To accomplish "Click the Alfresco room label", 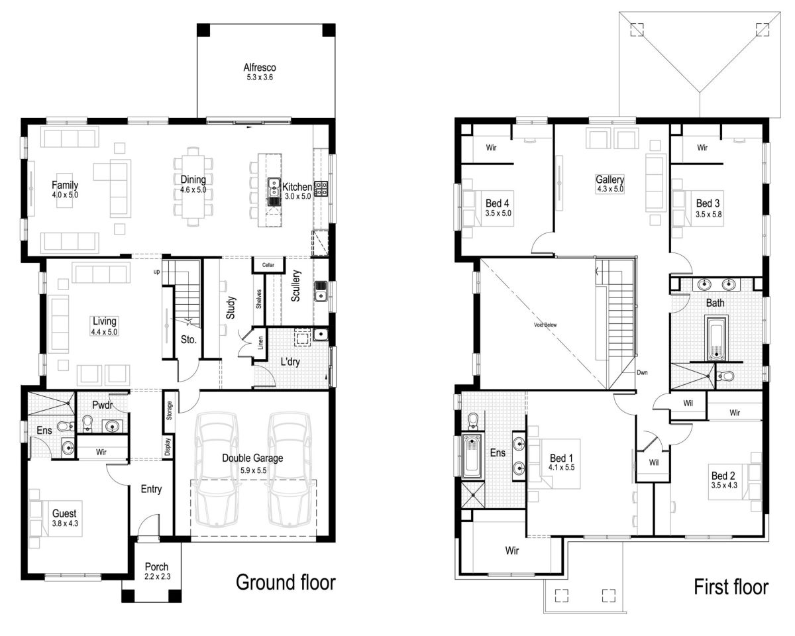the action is click(x=259, y=68).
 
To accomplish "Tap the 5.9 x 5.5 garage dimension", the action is click(x=253, y=470).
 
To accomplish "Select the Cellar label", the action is click(x=268, y=265).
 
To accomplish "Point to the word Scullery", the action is click(x=296, y=286).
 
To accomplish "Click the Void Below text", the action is click(x=545, y=325).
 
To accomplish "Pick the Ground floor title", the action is click(x=286, y=582).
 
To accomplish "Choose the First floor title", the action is click(x=731, y=587).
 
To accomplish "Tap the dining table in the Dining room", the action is click(x=193, y=187).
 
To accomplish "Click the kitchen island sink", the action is click(x=274, y=187).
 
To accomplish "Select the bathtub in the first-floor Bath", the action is click(x=716, y=338).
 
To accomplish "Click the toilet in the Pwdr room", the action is click(x=87, y=423).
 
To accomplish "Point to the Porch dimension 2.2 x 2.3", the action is click(x=158, y=576).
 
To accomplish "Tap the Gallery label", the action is click(x=609, y=180).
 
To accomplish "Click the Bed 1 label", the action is click(x=561, y=458).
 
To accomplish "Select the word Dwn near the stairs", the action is click(x=642, y=372).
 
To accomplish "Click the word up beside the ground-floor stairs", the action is click(x=156, y=272).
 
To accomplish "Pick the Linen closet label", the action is click(x=261, y=343).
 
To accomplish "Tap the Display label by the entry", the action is click(x=168, y=447).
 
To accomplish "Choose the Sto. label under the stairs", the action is click(x=188, y=340).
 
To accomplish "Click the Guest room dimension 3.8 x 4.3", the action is click(x=65, y=523).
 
